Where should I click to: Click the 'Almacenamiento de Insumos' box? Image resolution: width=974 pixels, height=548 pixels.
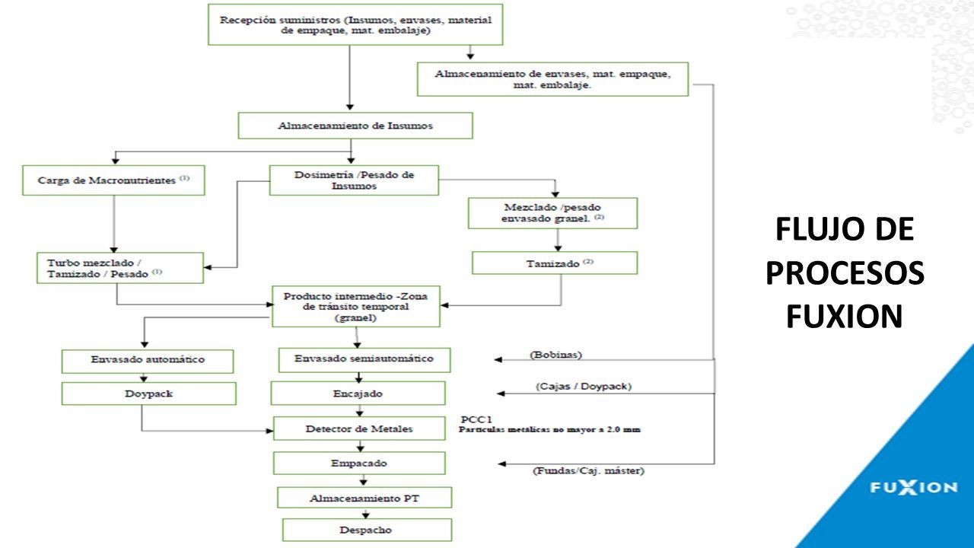pyautogui.click(x=355, y=126)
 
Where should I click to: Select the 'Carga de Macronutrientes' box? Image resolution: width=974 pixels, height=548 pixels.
pyautogui.click(x=113, y=180)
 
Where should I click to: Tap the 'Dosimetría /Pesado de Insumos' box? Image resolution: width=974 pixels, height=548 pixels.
pyautogui.click(x=354, y=180)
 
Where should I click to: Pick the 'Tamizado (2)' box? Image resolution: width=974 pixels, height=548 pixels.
pyautogui.click(x=555, y=263)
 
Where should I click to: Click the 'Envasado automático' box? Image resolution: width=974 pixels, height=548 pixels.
pyautogui.click(x=148, y=361)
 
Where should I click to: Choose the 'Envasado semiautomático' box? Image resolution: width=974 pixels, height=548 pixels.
pyautogui.click(x=364, y=360)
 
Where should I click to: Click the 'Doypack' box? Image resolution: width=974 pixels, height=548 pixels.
pyautogui.click(x=148, y=393)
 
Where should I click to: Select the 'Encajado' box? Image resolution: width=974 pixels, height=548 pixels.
pyautogui.click(x=358, y=393)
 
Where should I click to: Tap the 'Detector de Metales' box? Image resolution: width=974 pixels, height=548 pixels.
pyautogui.click(x=359, y=429)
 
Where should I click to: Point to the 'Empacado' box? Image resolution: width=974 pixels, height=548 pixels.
pyautogui.click(x=359, y=464)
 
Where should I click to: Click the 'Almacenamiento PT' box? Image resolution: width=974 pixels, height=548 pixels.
pyautogui.click(x=364, y=498)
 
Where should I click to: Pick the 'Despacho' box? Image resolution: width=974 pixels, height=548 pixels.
pyautogui.click(x=367, y=530)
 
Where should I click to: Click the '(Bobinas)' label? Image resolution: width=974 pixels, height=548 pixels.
pyautogui.click(x=555, y=355)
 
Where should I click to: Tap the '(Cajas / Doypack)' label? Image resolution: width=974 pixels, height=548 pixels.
pyautogui.click(x=584, y=386)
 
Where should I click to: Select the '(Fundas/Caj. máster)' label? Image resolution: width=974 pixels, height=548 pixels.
pyautogui.click(x=588, y=470)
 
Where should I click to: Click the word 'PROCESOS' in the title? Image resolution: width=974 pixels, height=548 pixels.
pyautogui.click(x=845, y=273)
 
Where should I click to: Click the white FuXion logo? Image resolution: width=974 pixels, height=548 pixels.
pyautogui.click(x=914, y=488)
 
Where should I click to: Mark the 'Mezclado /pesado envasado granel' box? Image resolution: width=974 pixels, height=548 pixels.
pyautogui.click(x=552, y=213)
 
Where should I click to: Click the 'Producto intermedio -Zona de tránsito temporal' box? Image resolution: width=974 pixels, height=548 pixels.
pyautogui.click(x=355, y=307)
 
